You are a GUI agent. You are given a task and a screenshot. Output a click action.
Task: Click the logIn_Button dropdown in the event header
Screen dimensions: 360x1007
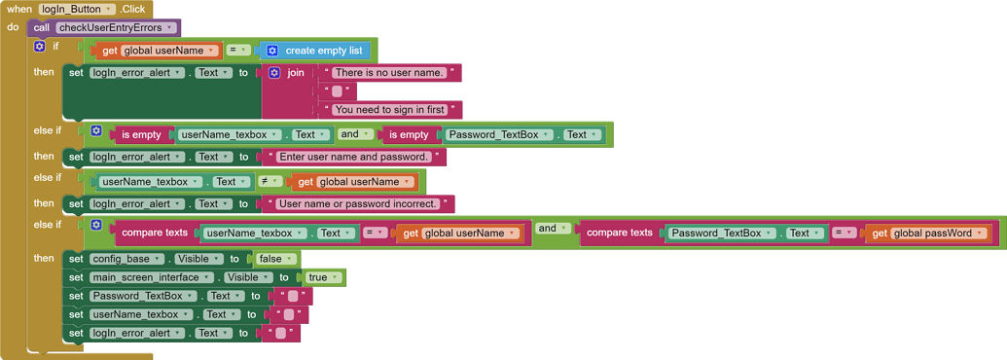76,9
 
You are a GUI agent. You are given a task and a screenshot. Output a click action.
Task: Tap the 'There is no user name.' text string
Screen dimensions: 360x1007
389,73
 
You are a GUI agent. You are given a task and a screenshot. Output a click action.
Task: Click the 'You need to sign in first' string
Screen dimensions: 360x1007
389,110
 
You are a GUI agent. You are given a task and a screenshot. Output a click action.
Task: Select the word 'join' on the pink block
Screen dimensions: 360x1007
296,73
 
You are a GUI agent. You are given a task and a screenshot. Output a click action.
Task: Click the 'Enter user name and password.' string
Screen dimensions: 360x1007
354,157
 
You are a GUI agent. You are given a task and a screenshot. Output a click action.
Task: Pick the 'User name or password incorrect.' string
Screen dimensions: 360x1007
357,204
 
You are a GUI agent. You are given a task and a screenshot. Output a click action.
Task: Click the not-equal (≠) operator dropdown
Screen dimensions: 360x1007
271,181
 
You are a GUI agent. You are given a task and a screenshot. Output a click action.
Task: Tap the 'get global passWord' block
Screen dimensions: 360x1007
928,234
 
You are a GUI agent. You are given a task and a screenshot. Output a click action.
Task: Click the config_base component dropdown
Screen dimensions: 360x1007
133,259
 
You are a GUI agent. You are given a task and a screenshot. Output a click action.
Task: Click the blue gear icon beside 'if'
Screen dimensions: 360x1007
40,46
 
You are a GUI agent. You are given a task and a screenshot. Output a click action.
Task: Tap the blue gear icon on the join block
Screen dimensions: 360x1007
274,73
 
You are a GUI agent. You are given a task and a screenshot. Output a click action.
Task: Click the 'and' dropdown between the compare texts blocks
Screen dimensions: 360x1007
552,229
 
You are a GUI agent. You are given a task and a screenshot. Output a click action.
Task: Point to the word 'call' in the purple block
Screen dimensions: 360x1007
42,28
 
